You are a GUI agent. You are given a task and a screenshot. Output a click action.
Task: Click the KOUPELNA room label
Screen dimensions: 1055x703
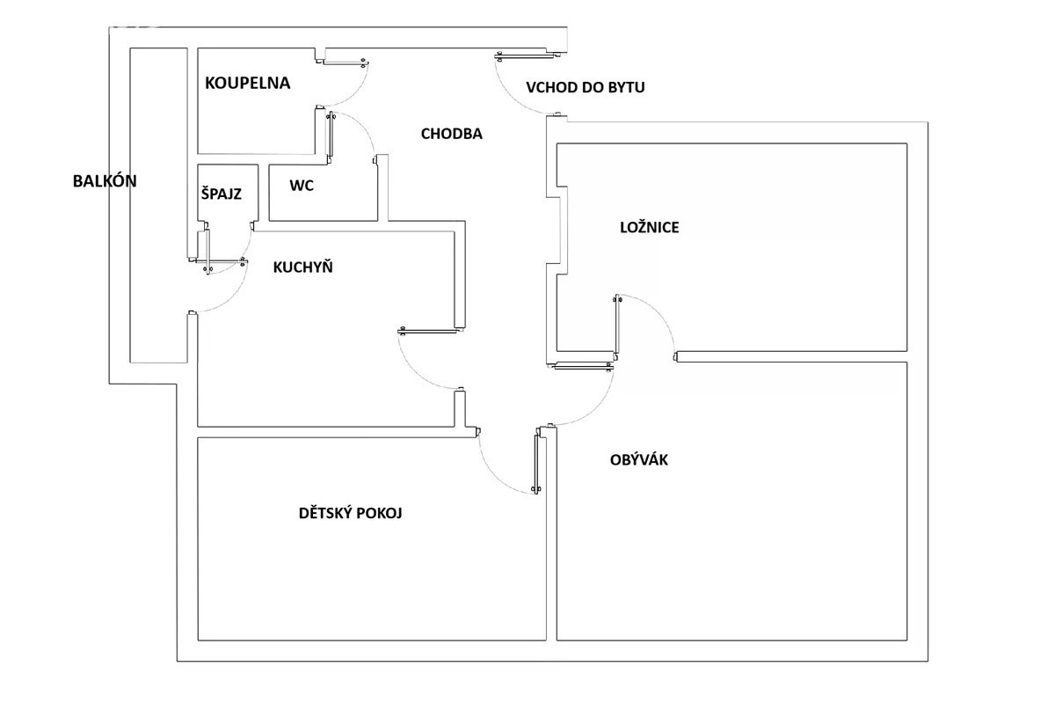247,83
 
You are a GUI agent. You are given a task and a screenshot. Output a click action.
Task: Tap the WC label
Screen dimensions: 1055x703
302,186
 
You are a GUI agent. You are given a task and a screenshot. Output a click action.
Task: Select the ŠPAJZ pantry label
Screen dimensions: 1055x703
222,194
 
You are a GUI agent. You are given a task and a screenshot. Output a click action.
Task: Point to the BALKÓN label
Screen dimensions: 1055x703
105,181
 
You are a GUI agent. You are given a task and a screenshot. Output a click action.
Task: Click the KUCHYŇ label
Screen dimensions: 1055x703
302,267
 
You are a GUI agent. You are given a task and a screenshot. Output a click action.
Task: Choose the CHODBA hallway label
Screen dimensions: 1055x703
452,134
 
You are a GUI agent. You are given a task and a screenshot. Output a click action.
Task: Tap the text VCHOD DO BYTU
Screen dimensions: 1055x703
586,87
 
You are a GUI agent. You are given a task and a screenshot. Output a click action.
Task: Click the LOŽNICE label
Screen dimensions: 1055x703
650,227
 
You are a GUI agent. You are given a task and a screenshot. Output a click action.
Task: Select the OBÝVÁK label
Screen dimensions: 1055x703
638,459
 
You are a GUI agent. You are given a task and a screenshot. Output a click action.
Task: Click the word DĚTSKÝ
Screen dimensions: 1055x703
325,513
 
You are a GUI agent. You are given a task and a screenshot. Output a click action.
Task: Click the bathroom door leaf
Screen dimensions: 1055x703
343,62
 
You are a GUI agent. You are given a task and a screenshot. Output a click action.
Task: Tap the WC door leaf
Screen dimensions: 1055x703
331,135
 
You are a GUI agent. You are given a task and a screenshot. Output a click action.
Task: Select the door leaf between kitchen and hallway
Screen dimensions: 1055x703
427,332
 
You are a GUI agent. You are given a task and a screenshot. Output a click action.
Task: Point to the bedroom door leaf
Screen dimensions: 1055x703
616,326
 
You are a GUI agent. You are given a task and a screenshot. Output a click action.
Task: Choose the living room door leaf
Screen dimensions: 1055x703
583,365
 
